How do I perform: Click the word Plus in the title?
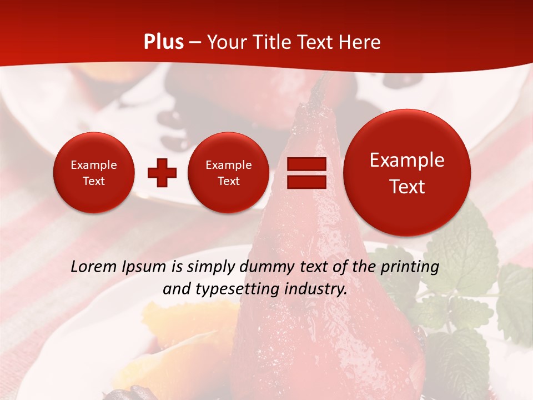coord(164,42)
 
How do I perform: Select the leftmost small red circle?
coord(93,172)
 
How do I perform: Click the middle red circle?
coord(228,172)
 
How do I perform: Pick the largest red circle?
coord(407,172)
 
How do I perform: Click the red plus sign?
coord(162,173)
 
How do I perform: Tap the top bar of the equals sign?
coord(306,164)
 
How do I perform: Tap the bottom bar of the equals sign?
coord(306,182)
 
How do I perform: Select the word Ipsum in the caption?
coord(145,267)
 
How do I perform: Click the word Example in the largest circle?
coord(407,160)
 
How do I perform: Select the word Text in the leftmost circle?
coord(93,181)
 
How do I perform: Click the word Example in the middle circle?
coord(228,165)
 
